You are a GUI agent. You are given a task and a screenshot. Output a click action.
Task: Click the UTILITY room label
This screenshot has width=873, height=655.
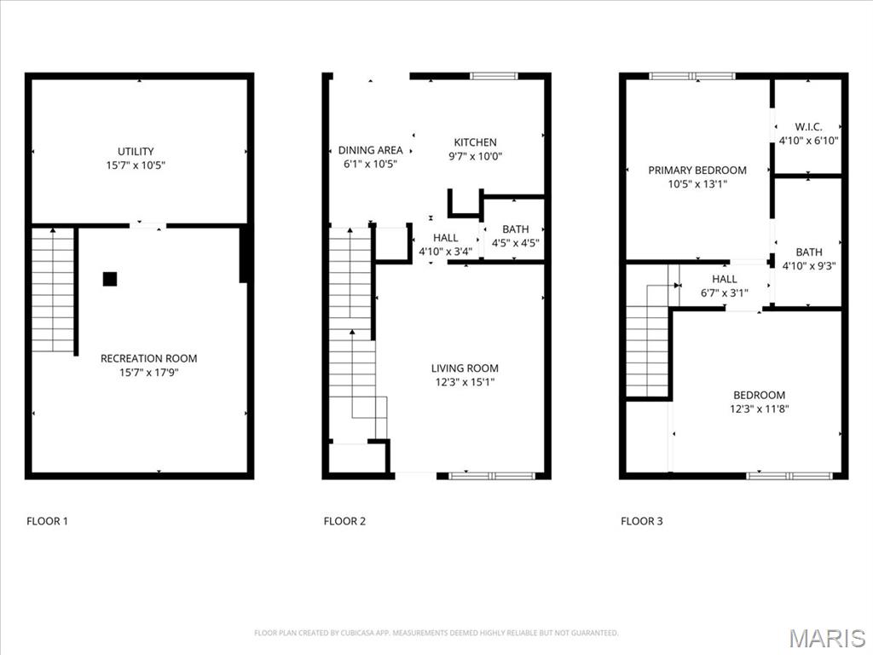[136, 152]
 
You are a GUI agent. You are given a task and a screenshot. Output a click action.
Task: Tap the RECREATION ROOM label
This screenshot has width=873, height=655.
[148, 358]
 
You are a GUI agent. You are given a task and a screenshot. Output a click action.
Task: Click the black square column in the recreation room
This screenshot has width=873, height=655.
[110, 279]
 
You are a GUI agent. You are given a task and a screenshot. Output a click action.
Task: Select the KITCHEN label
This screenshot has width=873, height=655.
[475, 142]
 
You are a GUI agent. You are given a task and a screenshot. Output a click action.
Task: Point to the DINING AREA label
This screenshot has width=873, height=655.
[371, 150]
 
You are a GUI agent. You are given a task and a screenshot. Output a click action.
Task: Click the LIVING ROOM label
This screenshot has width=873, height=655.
[465, 368]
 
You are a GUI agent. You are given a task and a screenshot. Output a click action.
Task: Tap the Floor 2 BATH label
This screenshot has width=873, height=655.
[516, 229]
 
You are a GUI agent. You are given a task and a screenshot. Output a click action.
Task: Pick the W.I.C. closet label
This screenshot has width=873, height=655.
[808, 127]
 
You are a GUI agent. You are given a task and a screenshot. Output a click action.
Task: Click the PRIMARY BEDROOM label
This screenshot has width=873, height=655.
[697, 171]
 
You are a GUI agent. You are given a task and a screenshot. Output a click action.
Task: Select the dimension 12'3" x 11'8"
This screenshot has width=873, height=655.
[759, 409]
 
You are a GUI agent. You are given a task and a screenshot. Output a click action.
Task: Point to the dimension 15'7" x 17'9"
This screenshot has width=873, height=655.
[148, 372]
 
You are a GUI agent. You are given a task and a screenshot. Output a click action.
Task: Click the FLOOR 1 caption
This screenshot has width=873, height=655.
[47, 521]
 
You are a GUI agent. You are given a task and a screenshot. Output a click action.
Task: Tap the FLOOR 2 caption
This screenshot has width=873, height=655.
[344, 521]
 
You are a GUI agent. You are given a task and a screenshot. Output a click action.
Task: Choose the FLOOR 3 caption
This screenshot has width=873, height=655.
[641, 521]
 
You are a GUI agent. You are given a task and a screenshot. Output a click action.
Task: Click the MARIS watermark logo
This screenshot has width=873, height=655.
[827, 638]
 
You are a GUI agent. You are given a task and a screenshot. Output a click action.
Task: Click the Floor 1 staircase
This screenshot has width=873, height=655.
[53, 290]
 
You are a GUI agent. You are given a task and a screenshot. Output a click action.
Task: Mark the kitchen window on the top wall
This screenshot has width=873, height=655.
[494, 76]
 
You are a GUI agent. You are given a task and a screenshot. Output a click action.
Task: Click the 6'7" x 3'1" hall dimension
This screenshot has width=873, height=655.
[724, 293]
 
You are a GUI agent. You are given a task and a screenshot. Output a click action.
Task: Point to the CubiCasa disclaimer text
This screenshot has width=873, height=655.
[436, 633]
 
